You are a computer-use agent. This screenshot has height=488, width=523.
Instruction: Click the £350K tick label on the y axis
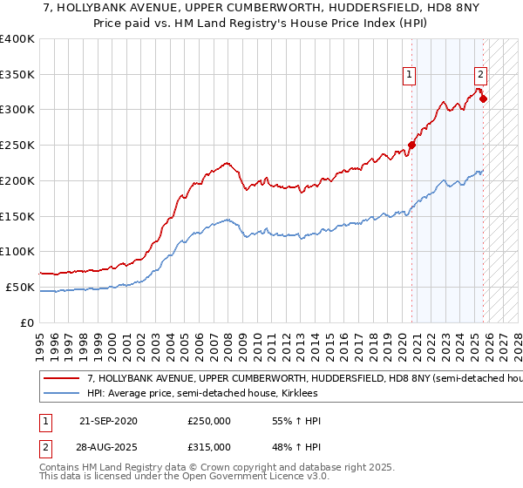click(17, 75)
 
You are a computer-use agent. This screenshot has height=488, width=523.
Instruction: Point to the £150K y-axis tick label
click(17, 216)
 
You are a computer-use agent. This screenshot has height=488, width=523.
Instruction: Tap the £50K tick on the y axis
click(20, 287)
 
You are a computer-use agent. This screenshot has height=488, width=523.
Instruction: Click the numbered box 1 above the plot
click(409, 75)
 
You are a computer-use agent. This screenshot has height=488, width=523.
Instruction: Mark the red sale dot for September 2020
click(411, 146)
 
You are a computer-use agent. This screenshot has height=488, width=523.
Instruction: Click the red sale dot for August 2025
click(483, 98)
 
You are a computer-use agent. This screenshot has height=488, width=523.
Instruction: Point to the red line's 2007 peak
click(227, 162)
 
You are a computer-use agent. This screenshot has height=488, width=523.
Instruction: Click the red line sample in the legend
click(61, 379)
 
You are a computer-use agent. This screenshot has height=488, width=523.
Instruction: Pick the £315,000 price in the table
click(209, 447)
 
